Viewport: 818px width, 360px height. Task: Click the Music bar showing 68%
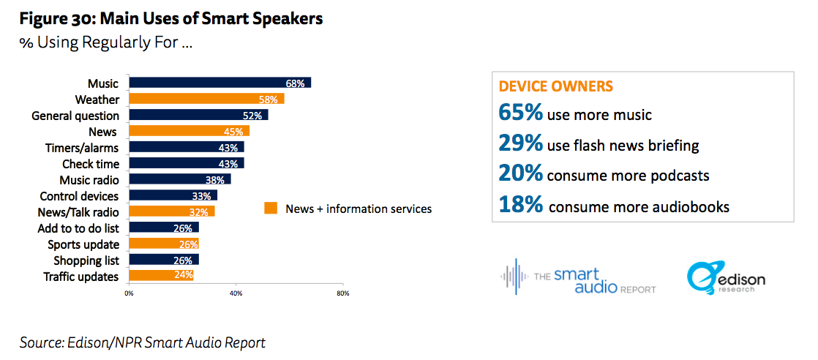[219, 83]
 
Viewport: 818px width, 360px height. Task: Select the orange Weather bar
[206, 99]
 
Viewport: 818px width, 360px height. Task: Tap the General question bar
[198, 115]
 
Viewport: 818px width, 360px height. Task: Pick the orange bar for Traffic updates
[161, 276]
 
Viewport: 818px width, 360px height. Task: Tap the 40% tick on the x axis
[236, 293]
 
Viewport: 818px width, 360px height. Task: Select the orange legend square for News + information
[271, 209]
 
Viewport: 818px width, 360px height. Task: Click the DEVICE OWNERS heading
[555, 86]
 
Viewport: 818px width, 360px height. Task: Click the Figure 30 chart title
[171, 19]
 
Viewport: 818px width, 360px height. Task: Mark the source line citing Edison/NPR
[143, 342]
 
